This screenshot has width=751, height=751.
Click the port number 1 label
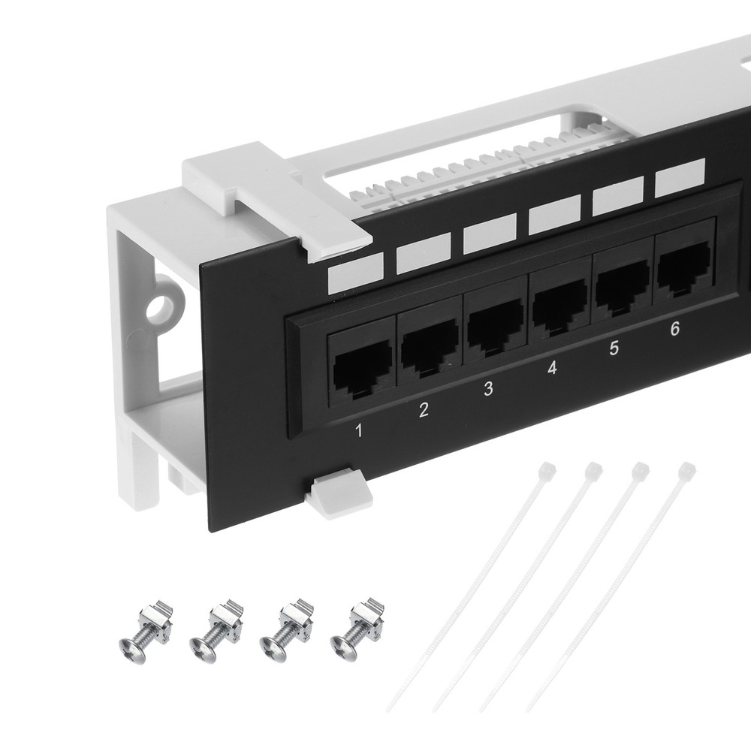(359, 430)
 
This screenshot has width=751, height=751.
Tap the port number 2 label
(424, 410)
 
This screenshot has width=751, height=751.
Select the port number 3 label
(488, 389)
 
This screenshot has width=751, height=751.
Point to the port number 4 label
(552, 369)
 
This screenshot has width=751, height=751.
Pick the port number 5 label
(614, 348)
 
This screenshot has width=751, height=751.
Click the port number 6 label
(674, 328)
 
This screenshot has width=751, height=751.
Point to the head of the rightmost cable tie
(686, 471)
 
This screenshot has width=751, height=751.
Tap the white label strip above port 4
(554, 214)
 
